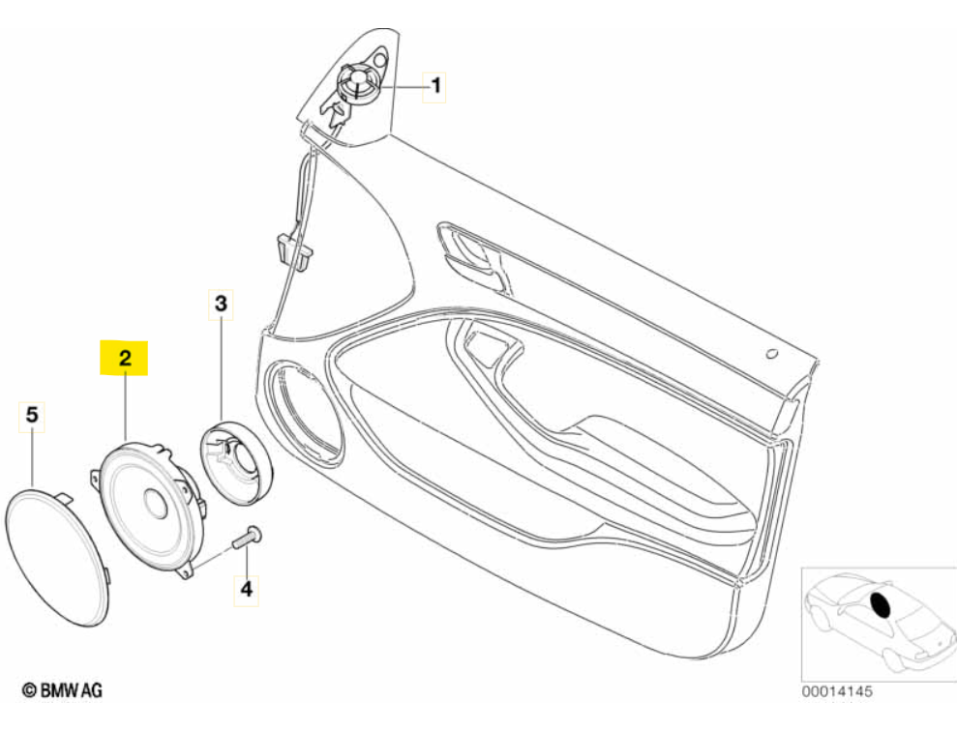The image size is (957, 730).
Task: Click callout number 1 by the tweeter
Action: pos(436,86)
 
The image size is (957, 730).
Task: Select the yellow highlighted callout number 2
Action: pos(124,358)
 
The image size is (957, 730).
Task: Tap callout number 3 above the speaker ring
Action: pos(221,305)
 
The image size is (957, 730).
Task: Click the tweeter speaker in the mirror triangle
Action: pos(356,81)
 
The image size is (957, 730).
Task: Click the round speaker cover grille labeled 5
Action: pos(57,555)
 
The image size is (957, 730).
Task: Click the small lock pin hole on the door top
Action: pos(771,354)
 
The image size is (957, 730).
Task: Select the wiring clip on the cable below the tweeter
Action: pos(287,248)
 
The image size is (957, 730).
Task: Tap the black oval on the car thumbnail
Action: pos(882,605)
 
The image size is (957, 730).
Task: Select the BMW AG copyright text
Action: pos(62,689)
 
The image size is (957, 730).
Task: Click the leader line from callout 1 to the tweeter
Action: pos(403,86)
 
